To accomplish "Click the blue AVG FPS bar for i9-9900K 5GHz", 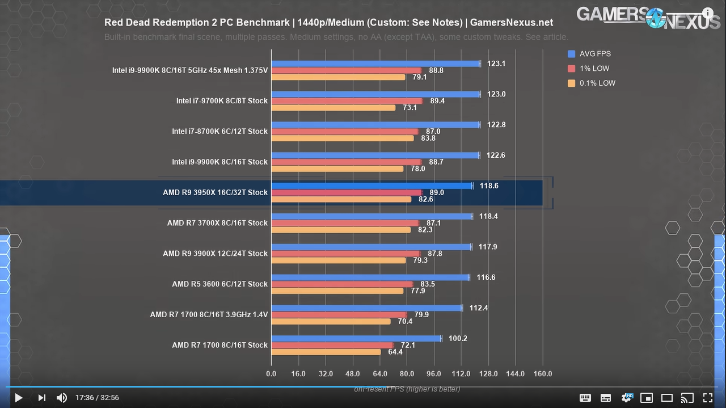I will coord(375,64).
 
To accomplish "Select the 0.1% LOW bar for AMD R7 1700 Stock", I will coord(326,352).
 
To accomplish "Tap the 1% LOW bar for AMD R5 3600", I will coord(342,284).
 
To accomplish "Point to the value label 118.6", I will coord(489,186).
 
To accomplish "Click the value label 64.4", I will coord(395,352).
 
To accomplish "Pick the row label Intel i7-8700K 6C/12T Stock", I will coord(220,131).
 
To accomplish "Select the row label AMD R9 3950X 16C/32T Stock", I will coord(215,192).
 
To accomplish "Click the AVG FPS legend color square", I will coord(572,54).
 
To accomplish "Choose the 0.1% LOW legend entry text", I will coord(597,83).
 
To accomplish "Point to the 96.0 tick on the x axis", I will coord(434,374).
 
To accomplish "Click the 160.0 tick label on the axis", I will coord(542,374).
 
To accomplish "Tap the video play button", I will coord(18,398).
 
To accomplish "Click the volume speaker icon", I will coord(61,398).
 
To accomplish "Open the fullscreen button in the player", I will coord(708,398).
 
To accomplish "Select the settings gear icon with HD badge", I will coord(627,398).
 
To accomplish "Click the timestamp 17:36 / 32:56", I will coord(97,398).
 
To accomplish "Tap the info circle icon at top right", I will coord(708,13).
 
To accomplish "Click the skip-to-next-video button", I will coord(41,398).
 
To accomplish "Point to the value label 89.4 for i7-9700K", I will coord(437,101).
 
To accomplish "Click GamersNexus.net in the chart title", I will coord(512,23).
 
